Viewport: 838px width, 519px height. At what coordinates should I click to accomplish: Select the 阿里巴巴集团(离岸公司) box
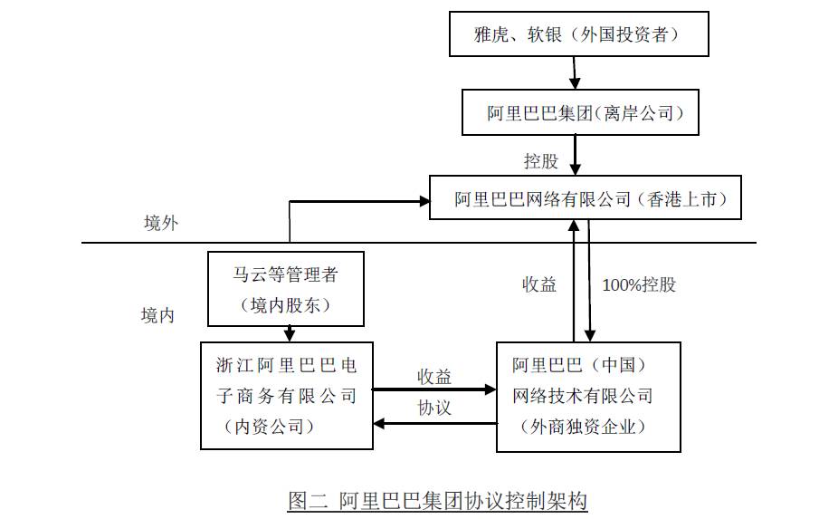[580, 112]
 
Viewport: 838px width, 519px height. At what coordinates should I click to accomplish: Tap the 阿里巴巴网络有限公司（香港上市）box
[585, 197]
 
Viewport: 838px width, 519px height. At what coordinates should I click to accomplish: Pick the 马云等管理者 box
[286, 288]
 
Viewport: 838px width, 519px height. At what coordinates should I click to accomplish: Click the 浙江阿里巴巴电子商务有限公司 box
[286, 395]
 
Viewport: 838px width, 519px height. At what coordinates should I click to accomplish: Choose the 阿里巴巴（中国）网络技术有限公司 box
[588, 396]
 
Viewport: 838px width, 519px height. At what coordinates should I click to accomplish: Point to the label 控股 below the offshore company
[541, 161]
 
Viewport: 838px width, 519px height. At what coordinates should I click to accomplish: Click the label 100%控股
[639, 284]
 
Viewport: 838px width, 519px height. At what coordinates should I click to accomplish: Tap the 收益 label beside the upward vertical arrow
[539, 284]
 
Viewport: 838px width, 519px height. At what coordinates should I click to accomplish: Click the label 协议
[434, 408]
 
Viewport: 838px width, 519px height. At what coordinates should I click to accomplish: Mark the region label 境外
[161, 224]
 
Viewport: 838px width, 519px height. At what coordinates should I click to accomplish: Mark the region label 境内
[157, 315]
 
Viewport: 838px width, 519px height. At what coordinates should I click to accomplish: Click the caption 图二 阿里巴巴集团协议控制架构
[437, 501]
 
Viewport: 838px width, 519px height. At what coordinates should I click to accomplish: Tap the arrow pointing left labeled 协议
[434, 422]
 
